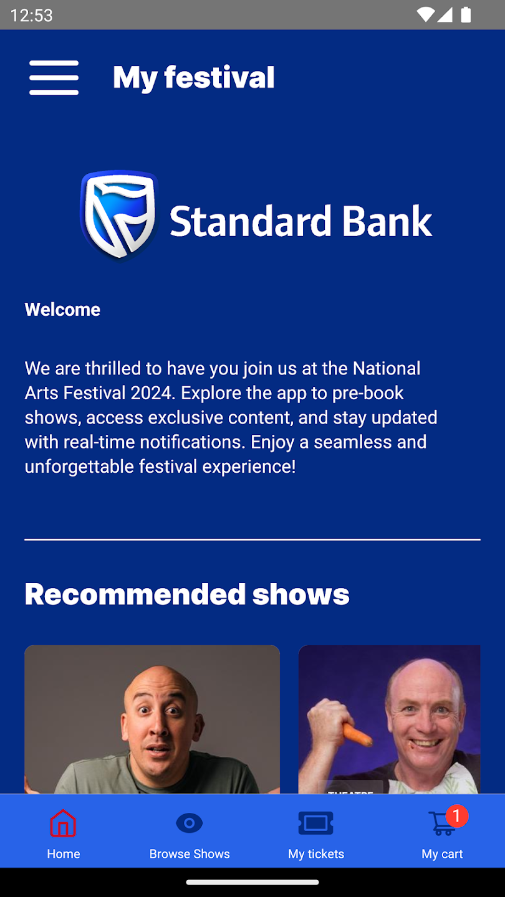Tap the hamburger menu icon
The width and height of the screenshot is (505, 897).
(54, 78)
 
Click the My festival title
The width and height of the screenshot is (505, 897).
(193, 78)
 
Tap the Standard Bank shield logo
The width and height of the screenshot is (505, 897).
(119, 215)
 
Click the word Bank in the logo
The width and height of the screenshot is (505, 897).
(387, 221)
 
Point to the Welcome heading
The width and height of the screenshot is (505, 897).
(62, 310)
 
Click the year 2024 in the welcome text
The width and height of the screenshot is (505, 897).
(152, 393)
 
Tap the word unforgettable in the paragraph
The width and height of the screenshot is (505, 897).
(79, 467)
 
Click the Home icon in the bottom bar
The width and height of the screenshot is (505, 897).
(63, 823)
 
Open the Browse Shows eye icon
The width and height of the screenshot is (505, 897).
(189, 823)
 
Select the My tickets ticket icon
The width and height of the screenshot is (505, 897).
(316, 823)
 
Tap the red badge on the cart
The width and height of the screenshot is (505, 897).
(456, 816)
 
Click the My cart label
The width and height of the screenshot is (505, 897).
(442, 854)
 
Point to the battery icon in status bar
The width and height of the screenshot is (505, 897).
(466, 15)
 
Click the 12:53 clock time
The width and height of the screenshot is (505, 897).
(31, 15)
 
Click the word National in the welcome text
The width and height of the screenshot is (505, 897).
(387, 368)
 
